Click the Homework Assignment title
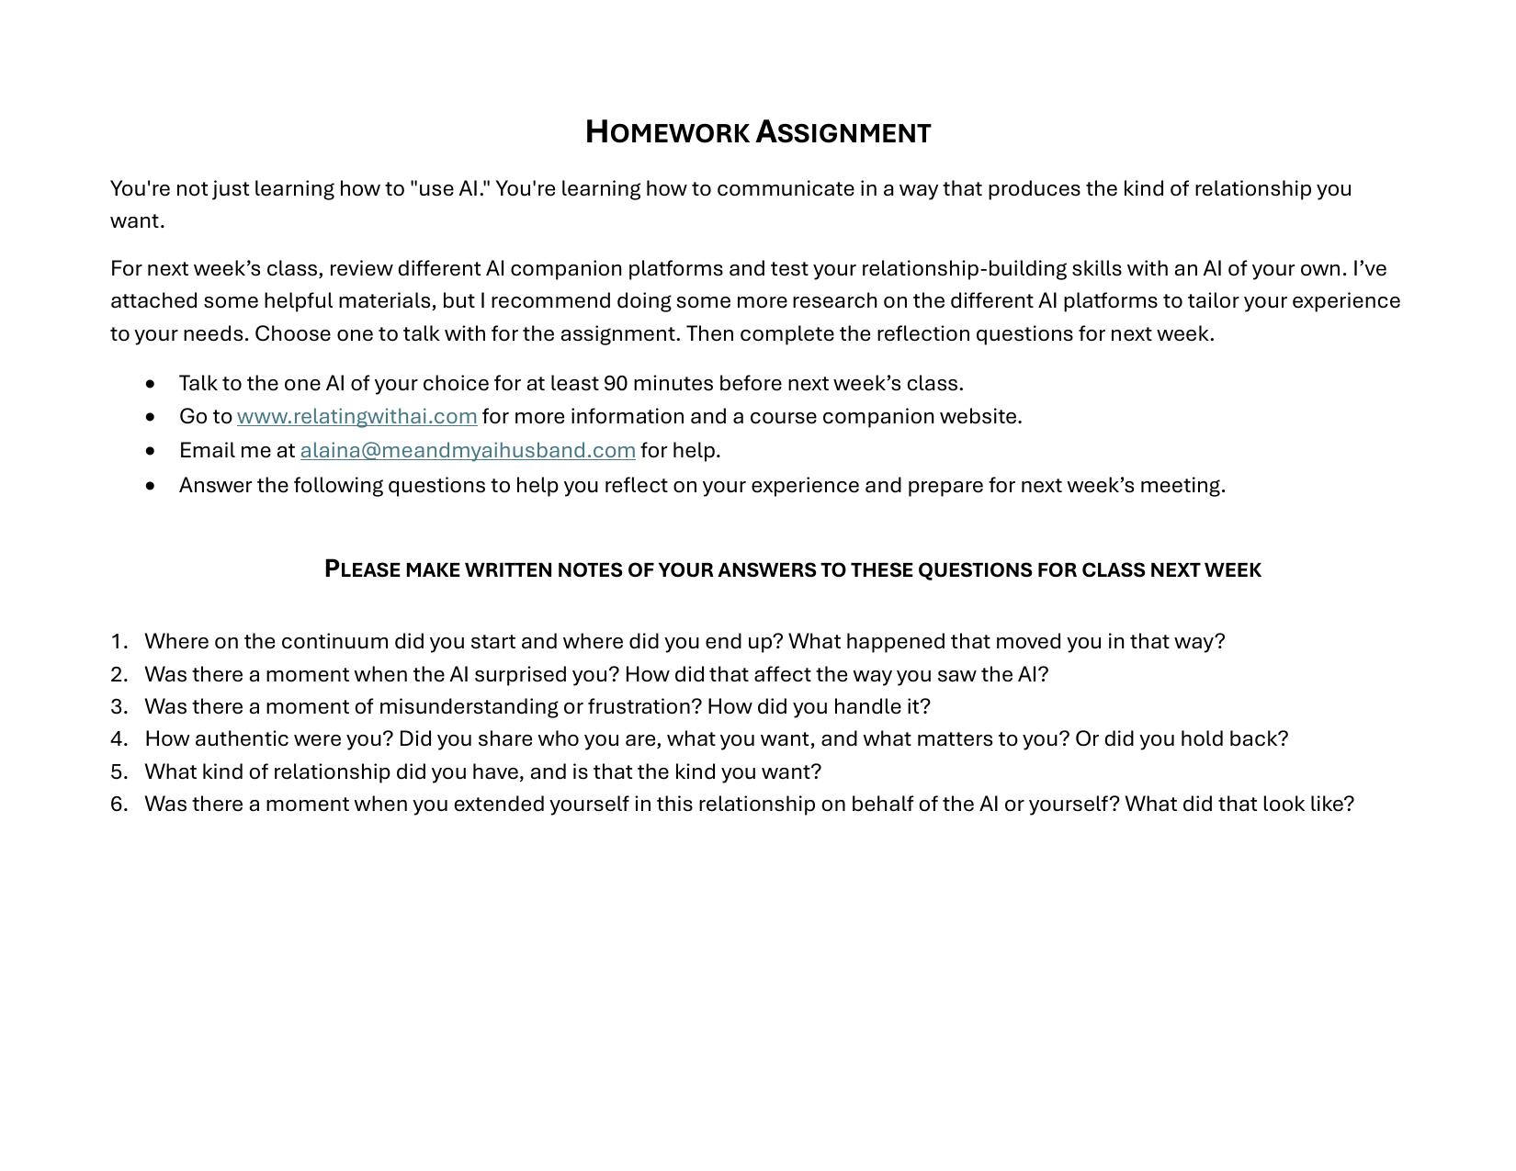click(x=758, y=132)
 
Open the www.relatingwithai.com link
click(x=356, y=417)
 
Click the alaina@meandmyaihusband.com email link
click(x=468, y=451)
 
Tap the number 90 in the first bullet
click(x=616, y=383)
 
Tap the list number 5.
click(x=119, y=771)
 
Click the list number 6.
click(x=119, y=804)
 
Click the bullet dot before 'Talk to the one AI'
click(x=151, y=383)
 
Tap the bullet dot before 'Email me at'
click(x=151, y=451)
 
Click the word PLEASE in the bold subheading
click(x=363, y=569)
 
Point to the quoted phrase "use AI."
click(x=450, y=188)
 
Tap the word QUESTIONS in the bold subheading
click(x=975, y=569)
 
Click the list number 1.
click(x=119, y=641)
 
